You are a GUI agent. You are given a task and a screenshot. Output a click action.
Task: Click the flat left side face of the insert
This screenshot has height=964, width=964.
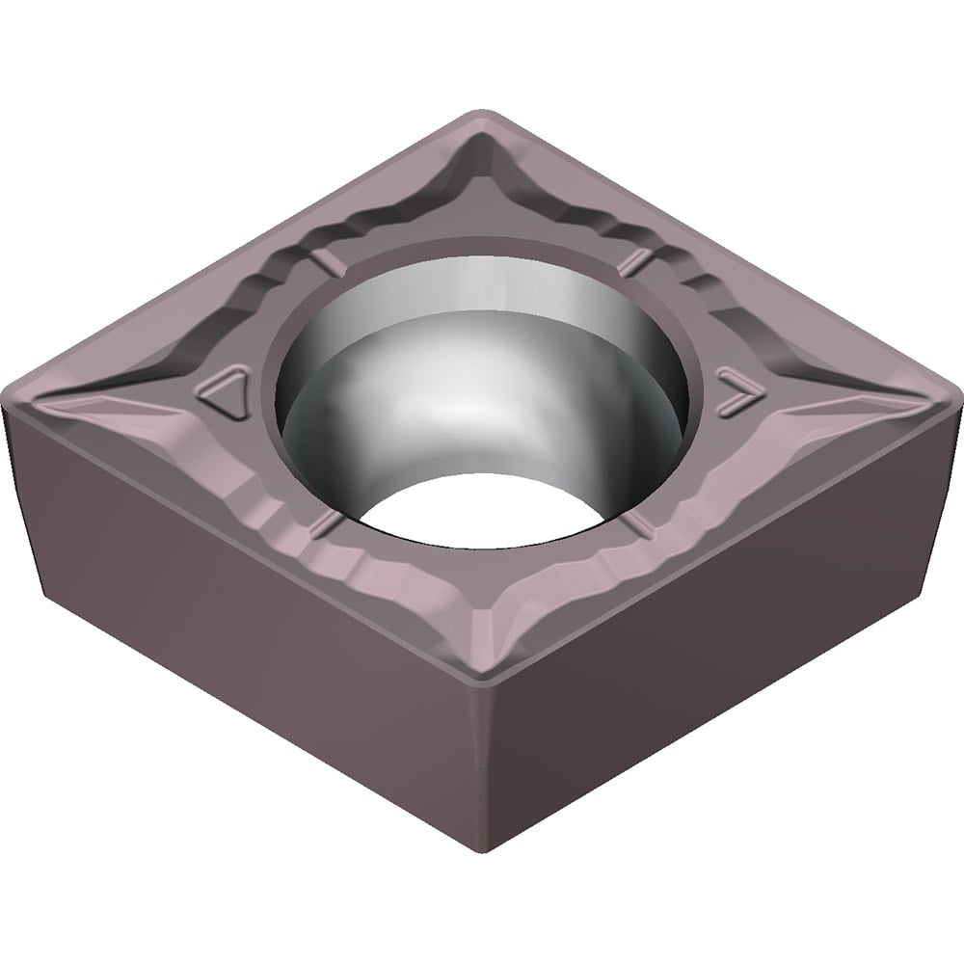point(241,636)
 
